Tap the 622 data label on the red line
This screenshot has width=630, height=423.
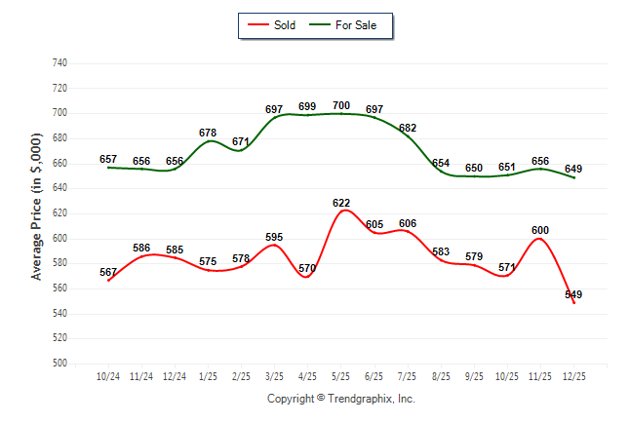point(341,203)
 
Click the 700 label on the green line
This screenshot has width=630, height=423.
point(341,105)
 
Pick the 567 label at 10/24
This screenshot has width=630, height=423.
point(108,273)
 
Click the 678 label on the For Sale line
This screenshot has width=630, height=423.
point(208,133)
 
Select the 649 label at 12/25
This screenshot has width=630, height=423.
point(573,169)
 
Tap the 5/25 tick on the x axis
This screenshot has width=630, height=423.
point(341,375)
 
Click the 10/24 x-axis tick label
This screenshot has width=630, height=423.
point(108,375)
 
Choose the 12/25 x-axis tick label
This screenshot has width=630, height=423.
point(573,375)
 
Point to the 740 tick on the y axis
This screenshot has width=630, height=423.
point(59,62)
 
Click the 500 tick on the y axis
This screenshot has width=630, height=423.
point(59,364)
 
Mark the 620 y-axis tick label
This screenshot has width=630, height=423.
point(59,213)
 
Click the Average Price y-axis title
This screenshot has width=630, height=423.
point(37,213)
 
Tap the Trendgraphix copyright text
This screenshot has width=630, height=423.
point(341,399)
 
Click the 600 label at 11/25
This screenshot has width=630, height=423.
point(540,230)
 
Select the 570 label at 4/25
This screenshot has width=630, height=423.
point(307,268)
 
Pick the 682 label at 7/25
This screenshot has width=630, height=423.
point(408,128)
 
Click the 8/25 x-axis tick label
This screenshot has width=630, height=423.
point(441,375)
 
